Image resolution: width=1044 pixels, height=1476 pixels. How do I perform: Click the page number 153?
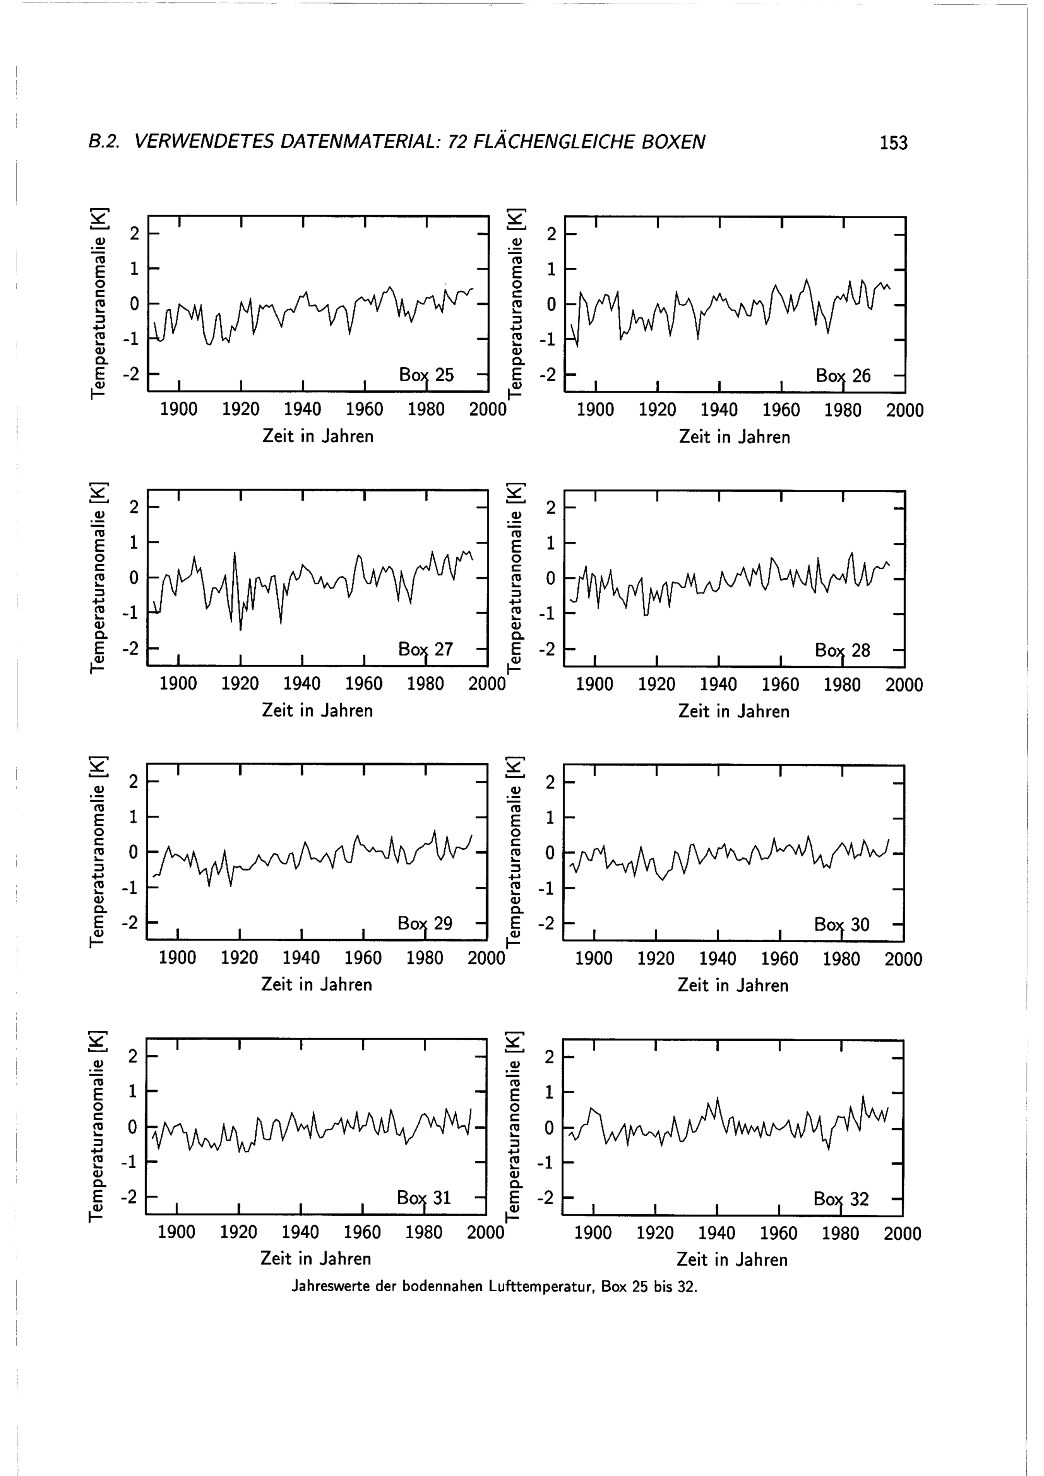[893, 142]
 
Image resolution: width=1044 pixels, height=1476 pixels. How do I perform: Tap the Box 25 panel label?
[426, 375]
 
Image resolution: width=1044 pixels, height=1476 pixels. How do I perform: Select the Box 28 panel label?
[842, 650]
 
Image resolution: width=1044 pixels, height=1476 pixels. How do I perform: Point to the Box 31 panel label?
[424, 1198]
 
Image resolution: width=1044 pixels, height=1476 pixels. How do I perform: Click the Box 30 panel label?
[841, 924]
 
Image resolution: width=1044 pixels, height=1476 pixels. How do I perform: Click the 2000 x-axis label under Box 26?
[905, 410]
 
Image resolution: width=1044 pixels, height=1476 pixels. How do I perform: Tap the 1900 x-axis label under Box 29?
[177, 958]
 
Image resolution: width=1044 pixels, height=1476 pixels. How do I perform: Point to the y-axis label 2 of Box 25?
[134, 233]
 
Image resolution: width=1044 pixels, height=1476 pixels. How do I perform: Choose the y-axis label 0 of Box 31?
[133, 1127]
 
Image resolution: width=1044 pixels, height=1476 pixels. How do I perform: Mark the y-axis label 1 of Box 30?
[550, 818]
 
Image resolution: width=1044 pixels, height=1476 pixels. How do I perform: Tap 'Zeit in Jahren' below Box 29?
[316, 985]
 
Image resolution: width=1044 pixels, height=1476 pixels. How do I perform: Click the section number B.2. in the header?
[104, 142]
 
